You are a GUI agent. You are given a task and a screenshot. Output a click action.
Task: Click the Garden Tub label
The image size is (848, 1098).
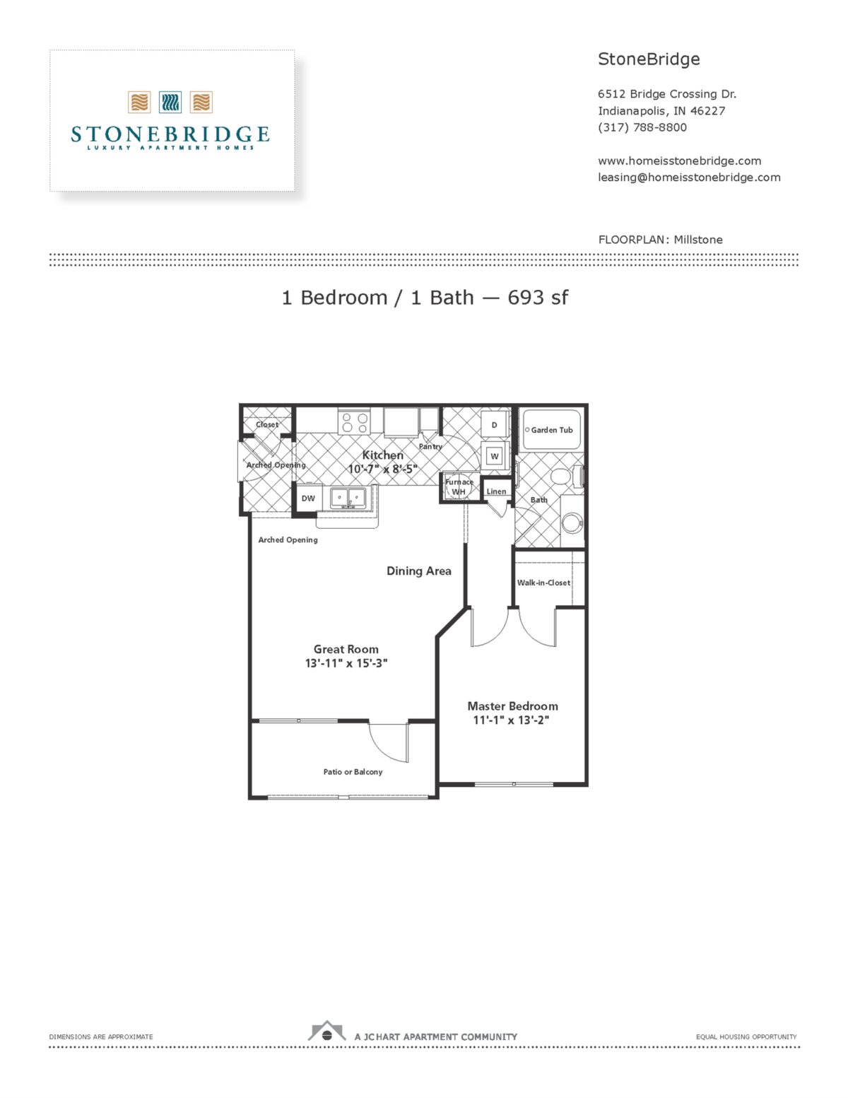[551, 430]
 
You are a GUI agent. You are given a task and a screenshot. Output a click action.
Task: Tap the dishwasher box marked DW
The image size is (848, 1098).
[308, 498]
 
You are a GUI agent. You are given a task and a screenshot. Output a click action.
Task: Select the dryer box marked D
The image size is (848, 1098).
[495, 425]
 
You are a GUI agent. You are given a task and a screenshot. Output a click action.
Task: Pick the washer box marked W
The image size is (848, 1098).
[495, 456]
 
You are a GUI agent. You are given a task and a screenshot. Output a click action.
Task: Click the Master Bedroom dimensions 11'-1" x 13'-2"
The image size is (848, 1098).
[511, 720]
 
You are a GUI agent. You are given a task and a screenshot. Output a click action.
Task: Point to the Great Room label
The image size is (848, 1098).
[346, 649]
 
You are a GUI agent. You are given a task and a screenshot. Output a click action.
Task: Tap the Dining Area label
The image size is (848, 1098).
[418, 571]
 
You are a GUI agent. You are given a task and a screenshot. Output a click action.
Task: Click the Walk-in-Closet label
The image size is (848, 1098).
[543, 583]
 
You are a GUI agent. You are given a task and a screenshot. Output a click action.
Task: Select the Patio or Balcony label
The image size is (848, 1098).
[353, 772]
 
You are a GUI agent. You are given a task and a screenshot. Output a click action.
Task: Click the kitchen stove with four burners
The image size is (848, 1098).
[355, 423]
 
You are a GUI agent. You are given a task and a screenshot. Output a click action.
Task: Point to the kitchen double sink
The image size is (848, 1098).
[348, 498]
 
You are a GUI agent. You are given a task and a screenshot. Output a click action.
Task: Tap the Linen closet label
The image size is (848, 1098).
[496, 491]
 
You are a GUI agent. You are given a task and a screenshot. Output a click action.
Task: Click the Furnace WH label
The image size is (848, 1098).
[459, 487]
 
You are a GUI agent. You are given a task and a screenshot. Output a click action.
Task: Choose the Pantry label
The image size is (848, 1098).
[430, 447]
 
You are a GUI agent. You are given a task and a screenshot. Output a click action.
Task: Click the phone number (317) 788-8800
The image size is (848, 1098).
[642, 127]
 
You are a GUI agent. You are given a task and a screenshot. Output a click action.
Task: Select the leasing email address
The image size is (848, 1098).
[689, 177]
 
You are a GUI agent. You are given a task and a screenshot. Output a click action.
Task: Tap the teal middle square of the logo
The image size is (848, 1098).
[170, 103]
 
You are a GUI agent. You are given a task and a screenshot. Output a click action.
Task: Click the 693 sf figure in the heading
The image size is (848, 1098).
[538, 298]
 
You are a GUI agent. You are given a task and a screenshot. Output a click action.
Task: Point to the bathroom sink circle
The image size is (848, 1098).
[572, 523]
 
